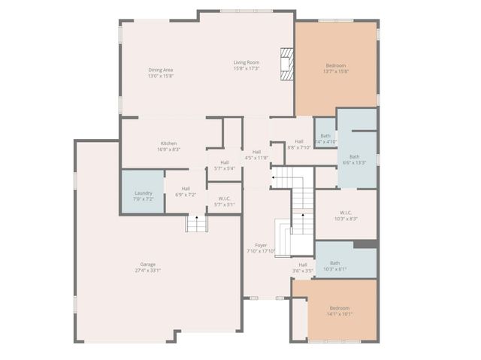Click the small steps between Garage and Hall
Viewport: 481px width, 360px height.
point(196,223)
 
